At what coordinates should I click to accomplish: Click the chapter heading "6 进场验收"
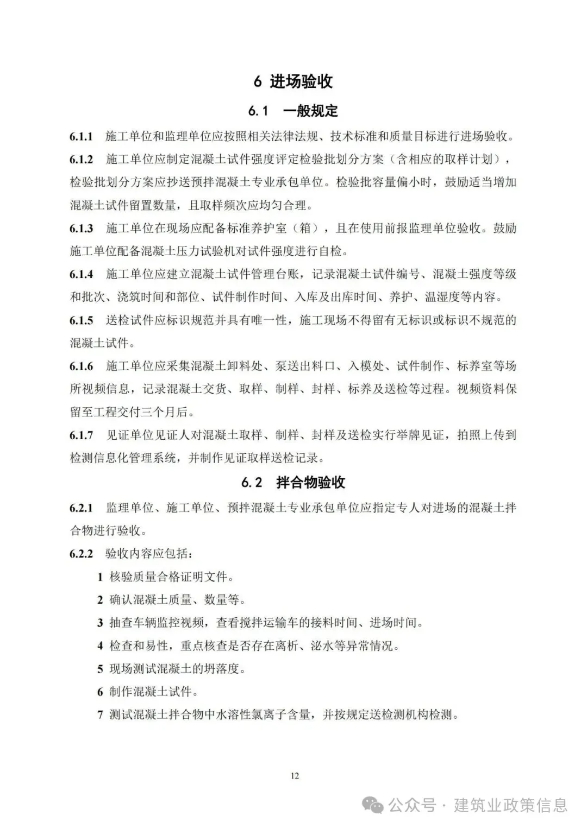[293, 81]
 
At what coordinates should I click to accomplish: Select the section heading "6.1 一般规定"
[293, 111]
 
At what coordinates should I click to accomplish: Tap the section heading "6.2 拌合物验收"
[293, 482]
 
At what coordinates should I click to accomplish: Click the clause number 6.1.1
[81, 136]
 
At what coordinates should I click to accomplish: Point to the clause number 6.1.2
[81, 159]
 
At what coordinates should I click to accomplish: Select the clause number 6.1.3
[81, 228]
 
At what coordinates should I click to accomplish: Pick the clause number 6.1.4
[81, 274]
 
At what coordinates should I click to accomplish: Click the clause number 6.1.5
[81, 320]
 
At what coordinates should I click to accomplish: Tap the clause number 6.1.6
[81, 366]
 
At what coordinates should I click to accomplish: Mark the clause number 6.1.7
[81, 435]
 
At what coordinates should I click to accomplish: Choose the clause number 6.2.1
[81, 508]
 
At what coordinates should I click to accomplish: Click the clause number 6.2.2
[81, 554]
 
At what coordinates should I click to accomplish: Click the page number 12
[295, 776]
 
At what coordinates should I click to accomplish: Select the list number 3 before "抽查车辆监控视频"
[100, 623]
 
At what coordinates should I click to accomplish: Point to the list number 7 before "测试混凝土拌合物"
[100, 715]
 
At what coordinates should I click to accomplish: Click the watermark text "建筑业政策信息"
[510, 805]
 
